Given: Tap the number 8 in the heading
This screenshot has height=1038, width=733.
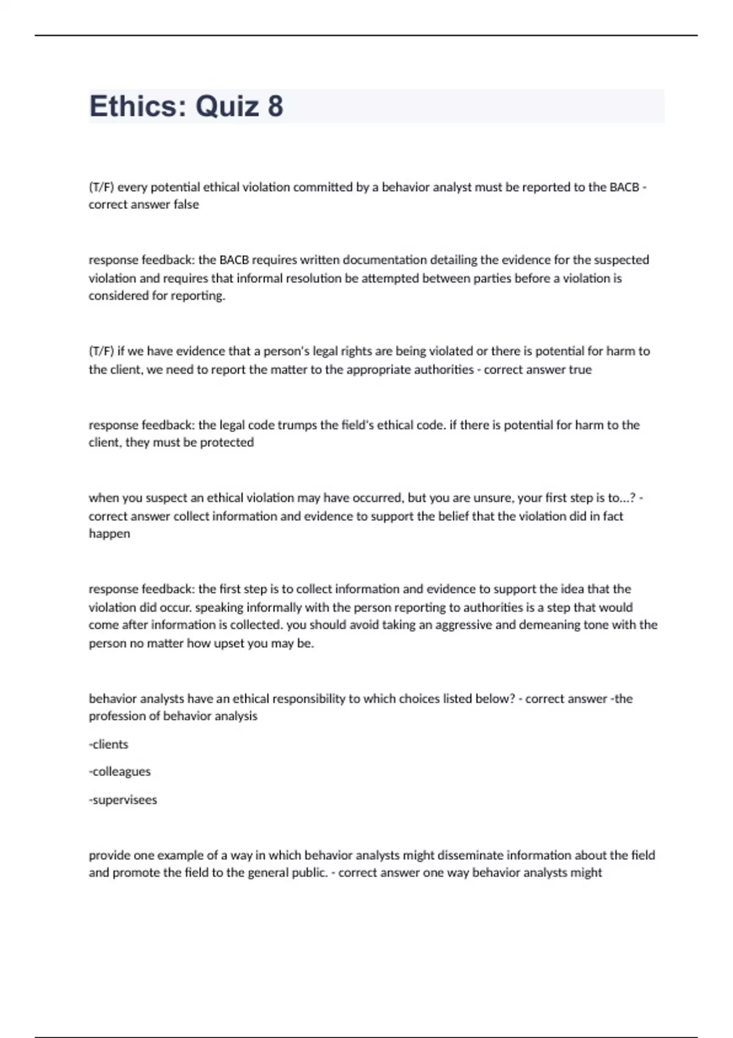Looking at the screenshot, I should (275, 106).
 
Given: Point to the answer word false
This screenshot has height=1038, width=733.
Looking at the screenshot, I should (186, 205).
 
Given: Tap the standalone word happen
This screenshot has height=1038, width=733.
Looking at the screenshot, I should (109, 534).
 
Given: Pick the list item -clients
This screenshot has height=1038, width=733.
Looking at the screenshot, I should (109, 744).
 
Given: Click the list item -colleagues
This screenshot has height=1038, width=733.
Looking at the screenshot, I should (120, 772).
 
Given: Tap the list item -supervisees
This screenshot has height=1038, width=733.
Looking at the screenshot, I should (123, 800).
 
